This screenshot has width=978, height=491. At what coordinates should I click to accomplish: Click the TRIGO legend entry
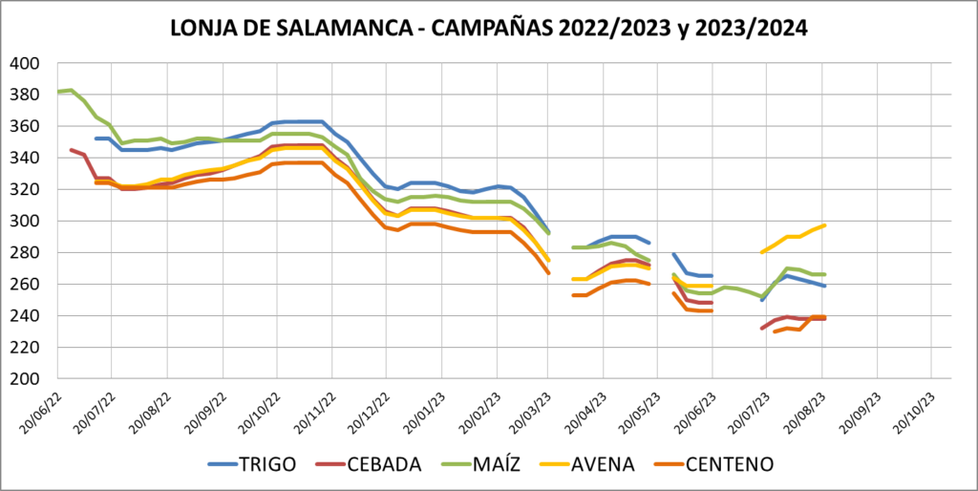click(x=252, y=464)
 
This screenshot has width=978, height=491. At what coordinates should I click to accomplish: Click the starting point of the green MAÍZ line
click(x=59, y=92)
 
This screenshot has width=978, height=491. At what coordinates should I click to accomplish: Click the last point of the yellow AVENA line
click(x=823, y=225)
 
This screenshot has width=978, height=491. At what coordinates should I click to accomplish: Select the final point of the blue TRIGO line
click(x=823, y=286)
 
